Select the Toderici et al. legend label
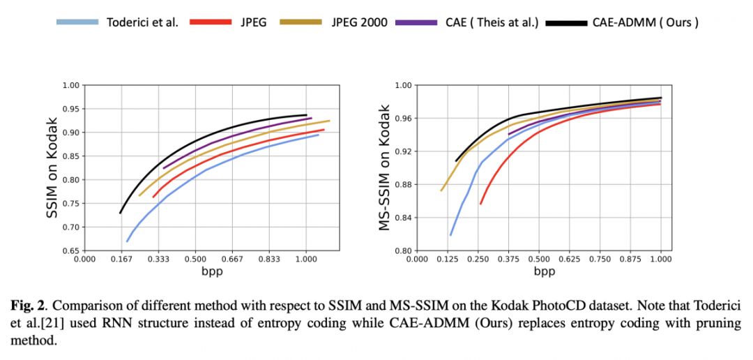(142, 22)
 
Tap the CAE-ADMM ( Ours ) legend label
(645, 22)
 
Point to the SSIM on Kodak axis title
(53, 168)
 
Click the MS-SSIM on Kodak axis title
(384, 168)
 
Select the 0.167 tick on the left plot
(121, 260)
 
